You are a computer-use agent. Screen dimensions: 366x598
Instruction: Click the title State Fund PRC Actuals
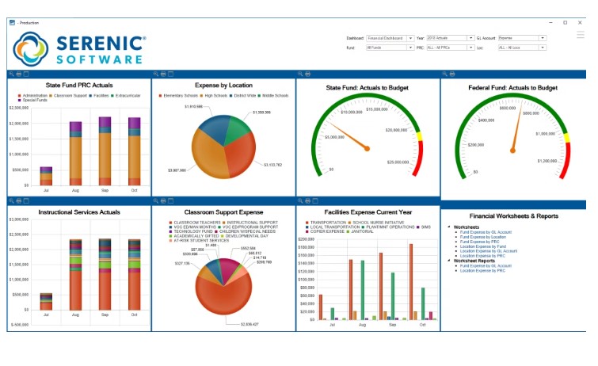(78, 86)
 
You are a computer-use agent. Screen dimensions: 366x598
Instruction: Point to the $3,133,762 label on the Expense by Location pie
(272, 164)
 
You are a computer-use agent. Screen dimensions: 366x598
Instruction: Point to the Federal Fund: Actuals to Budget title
(512, 88)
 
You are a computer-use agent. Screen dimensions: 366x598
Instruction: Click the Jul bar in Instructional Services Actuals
(46, 301)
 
